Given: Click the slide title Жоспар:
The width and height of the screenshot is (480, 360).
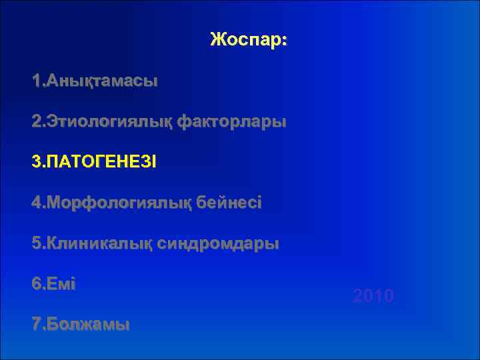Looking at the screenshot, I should pos(248,40).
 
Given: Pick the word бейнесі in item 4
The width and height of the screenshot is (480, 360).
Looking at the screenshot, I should pos(229,203).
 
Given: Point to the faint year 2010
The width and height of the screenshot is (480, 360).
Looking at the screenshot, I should pos(373,296).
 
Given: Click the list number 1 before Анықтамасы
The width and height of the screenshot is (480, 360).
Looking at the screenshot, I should pos(36,82).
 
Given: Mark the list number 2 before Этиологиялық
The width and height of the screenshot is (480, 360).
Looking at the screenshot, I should pos(36,123).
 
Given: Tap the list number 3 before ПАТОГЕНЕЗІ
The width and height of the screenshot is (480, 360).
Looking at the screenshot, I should pos(36,163).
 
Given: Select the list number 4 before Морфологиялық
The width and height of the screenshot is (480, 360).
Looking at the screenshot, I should pos(36,203).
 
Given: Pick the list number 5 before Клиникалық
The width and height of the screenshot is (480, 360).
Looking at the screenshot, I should pos(36,244).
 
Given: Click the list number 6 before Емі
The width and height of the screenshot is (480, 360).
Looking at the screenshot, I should pos(36,284).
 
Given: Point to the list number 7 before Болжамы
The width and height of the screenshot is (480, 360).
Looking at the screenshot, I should pos(36,325).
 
